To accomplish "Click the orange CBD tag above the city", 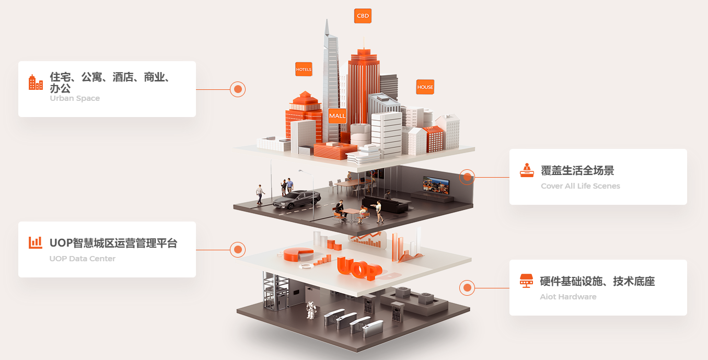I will [x=363, y=16].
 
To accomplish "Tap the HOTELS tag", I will [x=304, y=69].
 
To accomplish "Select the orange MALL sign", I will [x=338, y=116].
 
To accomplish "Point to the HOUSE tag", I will [x=425, y=87].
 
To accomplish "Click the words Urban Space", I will [x=75, y=98].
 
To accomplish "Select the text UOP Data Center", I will [x=83, y=259].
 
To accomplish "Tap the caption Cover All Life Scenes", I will [x=581, y=186].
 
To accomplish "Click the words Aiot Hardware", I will [x=568, y=297].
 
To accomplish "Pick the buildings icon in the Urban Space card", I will [x=36, y=83].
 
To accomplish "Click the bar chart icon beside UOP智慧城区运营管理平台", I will [x=36, y=242].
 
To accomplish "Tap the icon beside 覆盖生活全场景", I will [x=527, y=170].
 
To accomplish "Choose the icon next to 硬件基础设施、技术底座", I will [x=526, y=281].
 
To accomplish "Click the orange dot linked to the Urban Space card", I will [x=238, y=89].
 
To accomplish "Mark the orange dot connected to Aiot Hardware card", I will [x=467, y=288].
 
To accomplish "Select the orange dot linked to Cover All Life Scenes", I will [x=467, y=177].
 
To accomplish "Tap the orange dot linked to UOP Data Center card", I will [x=238, y=250].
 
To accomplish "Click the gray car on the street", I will [x=296, y=199].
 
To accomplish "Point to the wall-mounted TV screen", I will [x=436, y=185].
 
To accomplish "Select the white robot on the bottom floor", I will [x=311, y=310].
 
